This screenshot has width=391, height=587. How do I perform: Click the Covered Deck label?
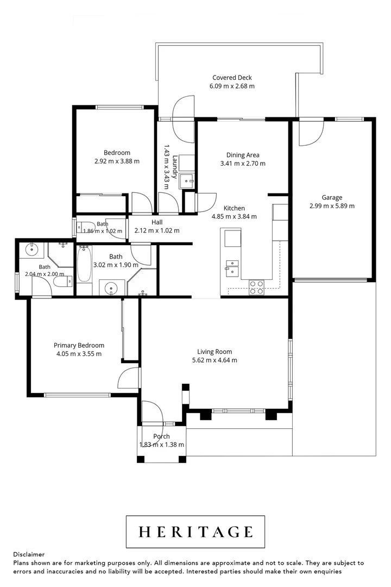coord(232,78)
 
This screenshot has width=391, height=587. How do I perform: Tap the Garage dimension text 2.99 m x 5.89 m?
coord(332,206)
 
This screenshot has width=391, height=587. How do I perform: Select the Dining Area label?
coord(243,155)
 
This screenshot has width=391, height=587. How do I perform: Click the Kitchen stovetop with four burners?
coord(257,288)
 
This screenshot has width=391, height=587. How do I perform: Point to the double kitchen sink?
coord(232,267)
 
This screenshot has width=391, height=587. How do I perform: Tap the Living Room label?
coord(215,352)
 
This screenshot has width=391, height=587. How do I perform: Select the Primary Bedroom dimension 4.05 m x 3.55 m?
coord(79,354)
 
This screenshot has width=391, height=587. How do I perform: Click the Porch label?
coord(162,436)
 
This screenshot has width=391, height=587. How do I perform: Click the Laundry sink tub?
coord(187,181)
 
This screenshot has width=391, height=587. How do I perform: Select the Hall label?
coord(157,222)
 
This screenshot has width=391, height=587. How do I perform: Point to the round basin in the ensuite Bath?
coord(32,249)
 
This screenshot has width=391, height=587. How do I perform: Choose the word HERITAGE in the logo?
coord(195,532)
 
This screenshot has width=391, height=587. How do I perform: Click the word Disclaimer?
coord(29,554)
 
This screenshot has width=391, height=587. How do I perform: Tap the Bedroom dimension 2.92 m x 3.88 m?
coord(117,161)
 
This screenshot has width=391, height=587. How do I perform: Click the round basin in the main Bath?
coord(111,288)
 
